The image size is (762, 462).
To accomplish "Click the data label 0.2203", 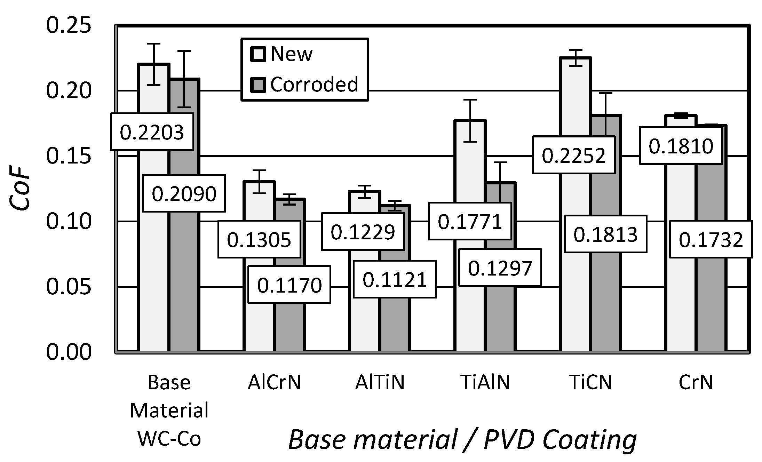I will tap(152, 132).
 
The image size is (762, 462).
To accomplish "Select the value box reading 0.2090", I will tap(184, 193).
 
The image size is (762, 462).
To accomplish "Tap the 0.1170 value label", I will tap(289, 285).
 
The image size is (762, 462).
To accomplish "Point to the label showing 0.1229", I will tap(363, 232).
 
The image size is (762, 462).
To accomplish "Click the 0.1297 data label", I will tap(500, 268).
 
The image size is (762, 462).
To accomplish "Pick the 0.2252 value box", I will tap(574, 155).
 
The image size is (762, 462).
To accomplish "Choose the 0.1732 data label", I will tap(711, 239).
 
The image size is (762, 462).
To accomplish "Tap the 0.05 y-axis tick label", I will tap(69, 287).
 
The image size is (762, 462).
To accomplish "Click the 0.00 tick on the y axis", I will tap(69, 352).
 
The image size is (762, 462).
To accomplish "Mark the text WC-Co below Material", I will tap(169, 439).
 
